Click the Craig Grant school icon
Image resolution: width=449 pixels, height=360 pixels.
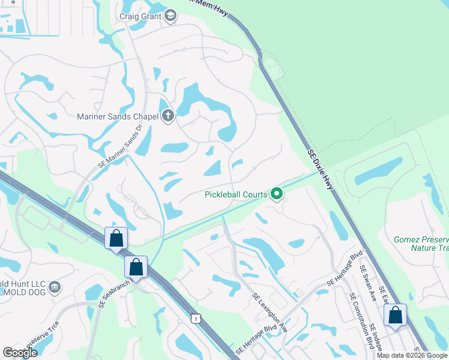click(170, 16)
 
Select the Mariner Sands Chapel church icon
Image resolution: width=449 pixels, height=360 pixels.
click(168, 116)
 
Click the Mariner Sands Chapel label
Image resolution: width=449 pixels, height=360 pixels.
click(117, 116)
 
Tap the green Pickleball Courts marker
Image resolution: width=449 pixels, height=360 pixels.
click(277, 193)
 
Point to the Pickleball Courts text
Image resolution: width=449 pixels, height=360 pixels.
click(235, 194)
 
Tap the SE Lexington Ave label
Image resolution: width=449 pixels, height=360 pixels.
click(270, 313)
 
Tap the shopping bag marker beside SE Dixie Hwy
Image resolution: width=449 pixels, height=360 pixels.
click(396, 316)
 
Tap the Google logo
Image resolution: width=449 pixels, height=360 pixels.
click(20, 352)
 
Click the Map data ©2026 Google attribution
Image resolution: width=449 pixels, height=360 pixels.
click(412, 355)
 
